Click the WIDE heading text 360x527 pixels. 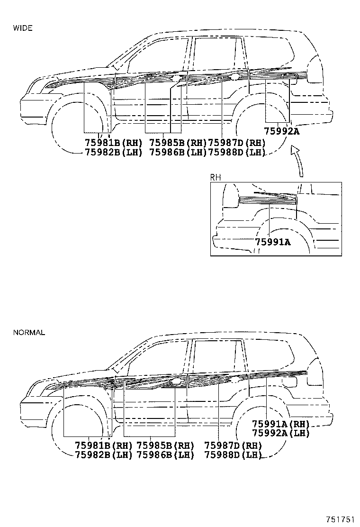(x=23, y=28)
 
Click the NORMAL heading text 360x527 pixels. (x=29, y=332)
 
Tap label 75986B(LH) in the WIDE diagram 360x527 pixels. (x=178, y=152)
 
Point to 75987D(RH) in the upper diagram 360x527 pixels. (x=236, y=143)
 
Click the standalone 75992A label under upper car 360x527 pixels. (x=282, y=132)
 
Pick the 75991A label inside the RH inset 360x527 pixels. (x=273, y=242)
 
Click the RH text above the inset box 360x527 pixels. (x=216, y=177)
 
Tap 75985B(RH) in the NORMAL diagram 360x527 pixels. (x=165, y=446)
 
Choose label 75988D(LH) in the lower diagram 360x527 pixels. (x=233, y=455)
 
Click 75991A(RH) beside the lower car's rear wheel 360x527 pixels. (x=280, y=424)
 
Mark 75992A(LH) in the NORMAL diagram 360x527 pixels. (x=280, y=433)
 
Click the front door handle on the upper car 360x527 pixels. (x=176, y=79)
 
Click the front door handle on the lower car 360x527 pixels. (x=177, y=382)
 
